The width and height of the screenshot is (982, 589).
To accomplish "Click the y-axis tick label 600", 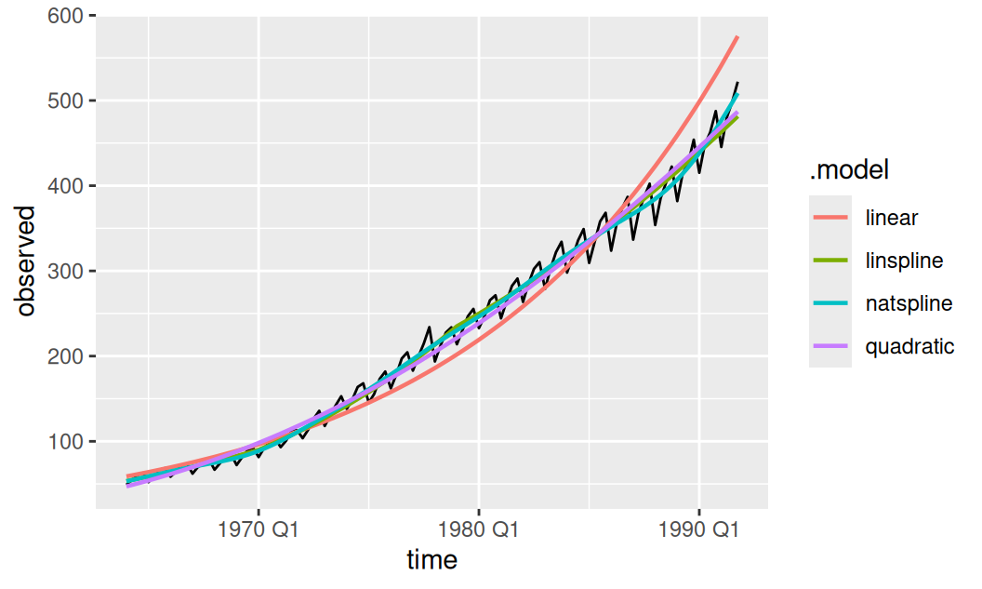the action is click(66, 16).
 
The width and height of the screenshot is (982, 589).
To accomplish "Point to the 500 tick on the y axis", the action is click(66, 100).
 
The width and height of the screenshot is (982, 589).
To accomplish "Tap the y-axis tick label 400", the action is click(66, 186).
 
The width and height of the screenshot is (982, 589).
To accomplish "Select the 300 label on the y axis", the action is click(66, 272).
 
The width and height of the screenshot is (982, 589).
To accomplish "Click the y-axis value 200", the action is click(66, 356).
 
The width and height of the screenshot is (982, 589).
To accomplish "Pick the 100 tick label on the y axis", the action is click(66, 442).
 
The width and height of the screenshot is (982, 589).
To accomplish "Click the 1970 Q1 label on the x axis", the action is click(258, 530).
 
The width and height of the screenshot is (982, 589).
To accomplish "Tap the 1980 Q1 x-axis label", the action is click(479, 530).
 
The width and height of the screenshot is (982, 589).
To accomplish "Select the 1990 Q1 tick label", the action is click(699, 530).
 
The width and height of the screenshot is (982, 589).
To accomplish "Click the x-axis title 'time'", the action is click(432, 559).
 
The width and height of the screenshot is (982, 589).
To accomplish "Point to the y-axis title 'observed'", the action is click(26, 261).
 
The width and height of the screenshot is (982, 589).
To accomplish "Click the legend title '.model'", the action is click(849, 169).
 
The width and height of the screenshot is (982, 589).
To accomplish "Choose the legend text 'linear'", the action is click(891, 218).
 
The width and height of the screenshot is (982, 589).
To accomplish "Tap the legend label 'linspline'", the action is click(904, 261).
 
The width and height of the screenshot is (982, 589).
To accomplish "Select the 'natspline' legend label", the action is click(909, 303).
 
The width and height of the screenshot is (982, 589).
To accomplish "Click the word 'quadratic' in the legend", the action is click(910, 346).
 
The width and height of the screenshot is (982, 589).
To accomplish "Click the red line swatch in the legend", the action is click(830, 218).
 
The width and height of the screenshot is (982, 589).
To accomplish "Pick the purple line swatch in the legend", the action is click(830, 346).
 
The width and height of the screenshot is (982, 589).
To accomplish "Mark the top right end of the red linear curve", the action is click(737, 37).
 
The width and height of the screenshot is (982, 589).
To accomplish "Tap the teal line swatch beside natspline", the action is click(830, 303).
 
